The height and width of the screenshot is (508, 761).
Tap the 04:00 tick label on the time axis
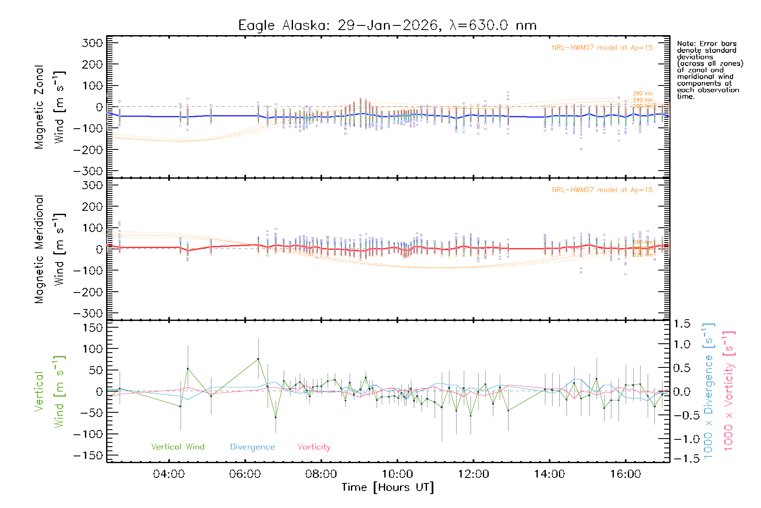[169, 474]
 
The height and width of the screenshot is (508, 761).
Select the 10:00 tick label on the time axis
[397, 474]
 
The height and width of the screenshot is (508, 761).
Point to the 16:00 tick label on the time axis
[625, 474]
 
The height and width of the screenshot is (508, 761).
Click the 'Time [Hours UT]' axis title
[387, 487]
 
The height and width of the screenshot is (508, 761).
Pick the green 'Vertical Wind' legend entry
[178, 447]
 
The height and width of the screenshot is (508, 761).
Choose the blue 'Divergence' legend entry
[252, 447]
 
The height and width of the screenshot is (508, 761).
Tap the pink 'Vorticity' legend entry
[314, 447]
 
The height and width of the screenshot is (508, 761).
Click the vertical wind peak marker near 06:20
[258, 359]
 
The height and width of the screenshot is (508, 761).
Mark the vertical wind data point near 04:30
[188, 369]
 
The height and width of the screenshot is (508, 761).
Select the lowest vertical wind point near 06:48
[276, 417]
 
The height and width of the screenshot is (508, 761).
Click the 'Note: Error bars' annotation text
[706, 44]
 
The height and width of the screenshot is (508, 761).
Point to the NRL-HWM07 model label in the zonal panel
[602, 48]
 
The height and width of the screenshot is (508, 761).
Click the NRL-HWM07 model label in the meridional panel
[602, 190]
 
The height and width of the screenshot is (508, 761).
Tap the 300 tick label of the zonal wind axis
[93, 43]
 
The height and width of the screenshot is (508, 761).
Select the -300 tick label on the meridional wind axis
[88, 313]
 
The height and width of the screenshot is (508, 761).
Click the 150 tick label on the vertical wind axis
[93, 328]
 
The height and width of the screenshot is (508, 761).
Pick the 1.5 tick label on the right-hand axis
[682, 324]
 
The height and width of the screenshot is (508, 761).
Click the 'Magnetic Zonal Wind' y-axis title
[50, 107]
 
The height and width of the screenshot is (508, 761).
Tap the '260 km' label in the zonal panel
[643, 94]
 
